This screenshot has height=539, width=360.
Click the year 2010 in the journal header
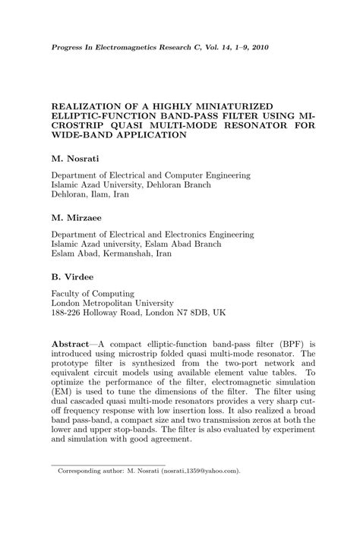257,47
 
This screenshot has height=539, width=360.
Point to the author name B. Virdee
74,276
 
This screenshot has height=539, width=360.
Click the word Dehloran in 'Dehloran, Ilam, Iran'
70,195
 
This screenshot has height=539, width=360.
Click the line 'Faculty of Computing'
93,293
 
